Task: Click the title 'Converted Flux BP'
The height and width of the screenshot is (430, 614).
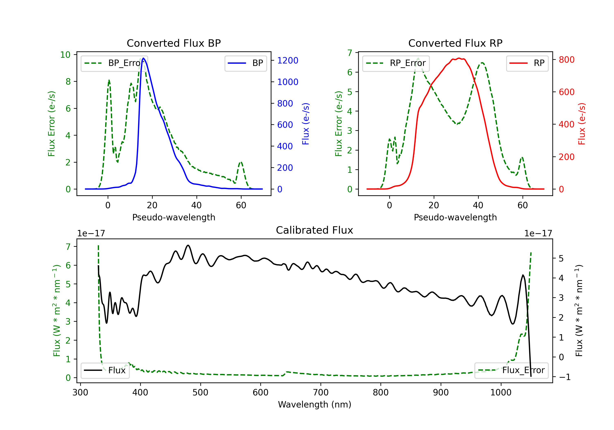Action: tap(174, 43)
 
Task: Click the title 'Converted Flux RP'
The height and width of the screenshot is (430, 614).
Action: tap(455, 43)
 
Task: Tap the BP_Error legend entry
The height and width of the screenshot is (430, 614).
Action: tap(114, 63)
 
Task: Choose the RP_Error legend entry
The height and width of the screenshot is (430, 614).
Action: tap(396, 63)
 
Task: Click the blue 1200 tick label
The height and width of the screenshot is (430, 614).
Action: tap(288, 60)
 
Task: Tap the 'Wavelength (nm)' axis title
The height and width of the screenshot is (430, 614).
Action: tap(315, 404)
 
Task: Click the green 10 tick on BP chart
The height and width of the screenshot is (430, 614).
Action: tap(65, 55)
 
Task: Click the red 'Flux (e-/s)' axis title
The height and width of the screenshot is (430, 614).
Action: tap(582, 124)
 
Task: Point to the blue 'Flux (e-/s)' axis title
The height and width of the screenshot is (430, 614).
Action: tap(305, 124)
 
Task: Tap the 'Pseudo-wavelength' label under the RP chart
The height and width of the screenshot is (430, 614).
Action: tap(455, 217)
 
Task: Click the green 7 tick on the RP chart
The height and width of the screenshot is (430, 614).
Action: tap(350, 53)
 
